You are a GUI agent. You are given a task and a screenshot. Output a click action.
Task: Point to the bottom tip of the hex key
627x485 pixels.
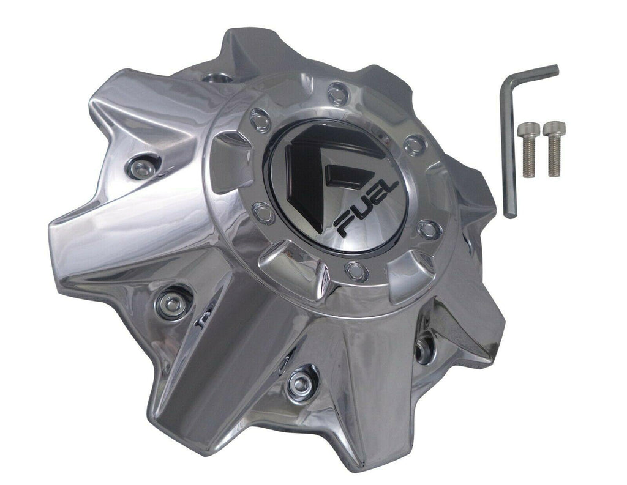point(511,215)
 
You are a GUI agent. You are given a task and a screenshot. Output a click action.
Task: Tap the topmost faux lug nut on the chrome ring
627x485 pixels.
point(338,94)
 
